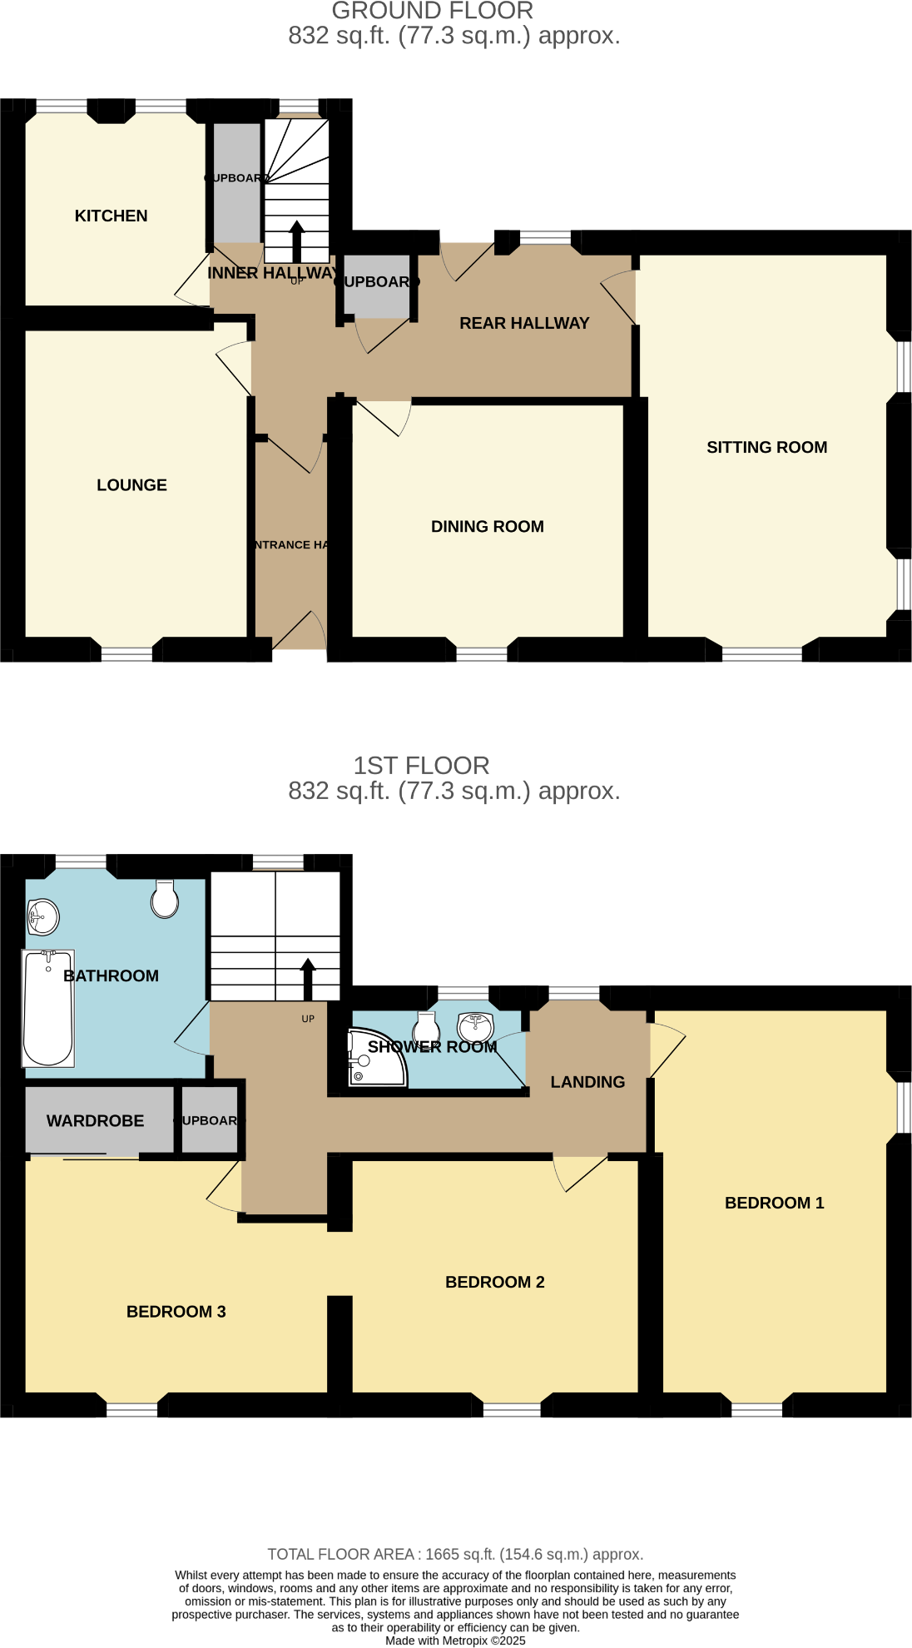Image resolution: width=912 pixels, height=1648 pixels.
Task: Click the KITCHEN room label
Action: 111,216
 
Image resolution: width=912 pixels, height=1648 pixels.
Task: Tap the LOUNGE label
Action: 131,485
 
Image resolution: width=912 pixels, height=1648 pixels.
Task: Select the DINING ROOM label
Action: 487,527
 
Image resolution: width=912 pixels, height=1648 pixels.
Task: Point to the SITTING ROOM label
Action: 766,448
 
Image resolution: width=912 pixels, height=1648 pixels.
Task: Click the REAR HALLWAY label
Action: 524,324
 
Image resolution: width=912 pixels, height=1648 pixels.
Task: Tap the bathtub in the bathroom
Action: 48,1008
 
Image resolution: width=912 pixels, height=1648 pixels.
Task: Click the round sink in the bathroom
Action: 42,917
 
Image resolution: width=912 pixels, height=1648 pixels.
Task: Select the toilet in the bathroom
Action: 165,899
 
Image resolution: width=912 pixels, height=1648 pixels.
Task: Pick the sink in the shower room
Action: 476,1025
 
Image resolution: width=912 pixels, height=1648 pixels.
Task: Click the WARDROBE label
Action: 95,1121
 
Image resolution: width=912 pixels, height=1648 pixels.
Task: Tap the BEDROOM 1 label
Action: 774,1204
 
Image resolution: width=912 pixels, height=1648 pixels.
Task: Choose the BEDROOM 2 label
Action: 494,1283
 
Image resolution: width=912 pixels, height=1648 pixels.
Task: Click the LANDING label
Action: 587,1083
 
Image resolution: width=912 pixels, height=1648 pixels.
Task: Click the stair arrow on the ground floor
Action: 297,241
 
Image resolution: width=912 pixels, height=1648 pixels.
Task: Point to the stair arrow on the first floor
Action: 308,979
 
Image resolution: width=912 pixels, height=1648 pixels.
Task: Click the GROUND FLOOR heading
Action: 432,12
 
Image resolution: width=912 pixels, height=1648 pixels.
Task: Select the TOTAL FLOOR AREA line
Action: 455,1555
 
